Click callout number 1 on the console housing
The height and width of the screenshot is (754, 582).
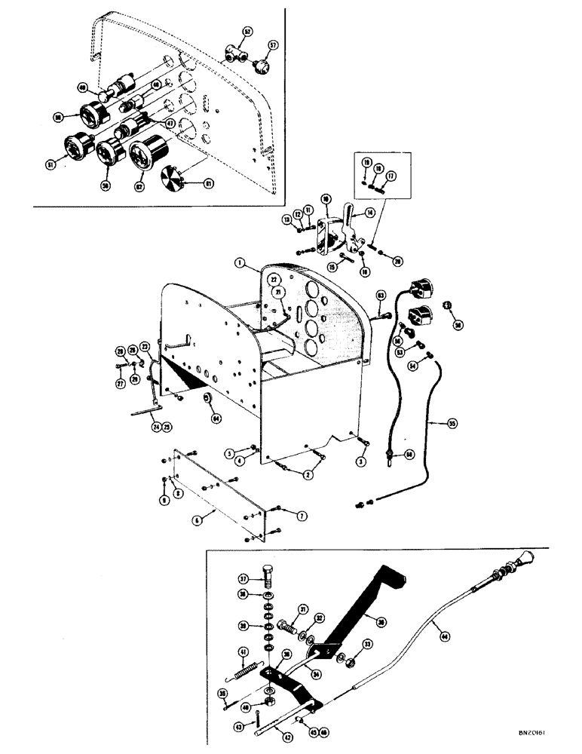click(239, 264)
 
